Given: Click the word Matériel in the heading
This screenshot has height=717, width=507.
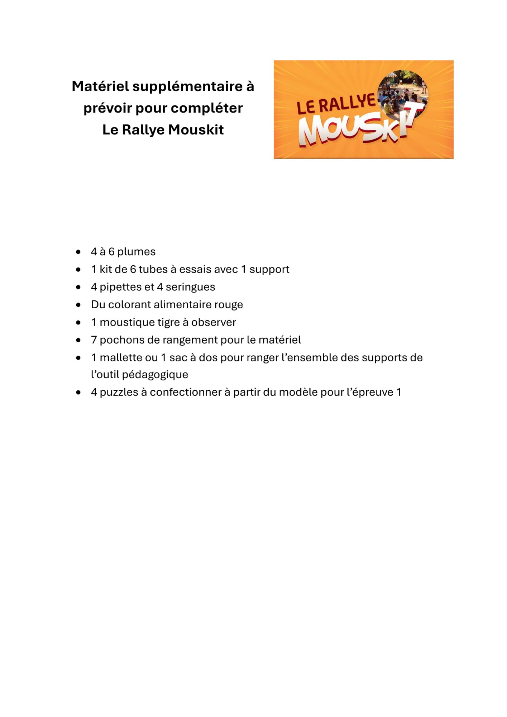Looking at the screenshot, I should click(x=100, y=86).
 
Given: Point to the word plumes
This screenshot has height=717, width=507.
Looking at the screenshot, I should click(x=136, y=252).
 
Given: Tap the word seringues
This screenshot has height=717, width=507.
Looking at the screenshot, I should click(x=190, y=287).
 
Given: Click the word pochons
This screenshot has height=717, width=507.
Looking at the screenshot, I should click(x=121, y=340).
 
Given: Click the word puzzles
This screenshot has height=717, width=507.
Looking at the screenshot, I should click(x=119, y=392).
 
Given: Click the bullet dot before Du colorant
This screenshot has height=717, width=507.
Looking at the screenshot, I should click(x=78, y=305).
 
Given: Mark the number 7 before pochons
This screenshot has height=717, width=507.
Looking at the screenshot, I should click(x=94, y=340).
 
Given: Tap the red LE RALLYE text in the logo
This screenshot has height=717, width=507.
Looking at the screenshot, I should click(x=336, y=104).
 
